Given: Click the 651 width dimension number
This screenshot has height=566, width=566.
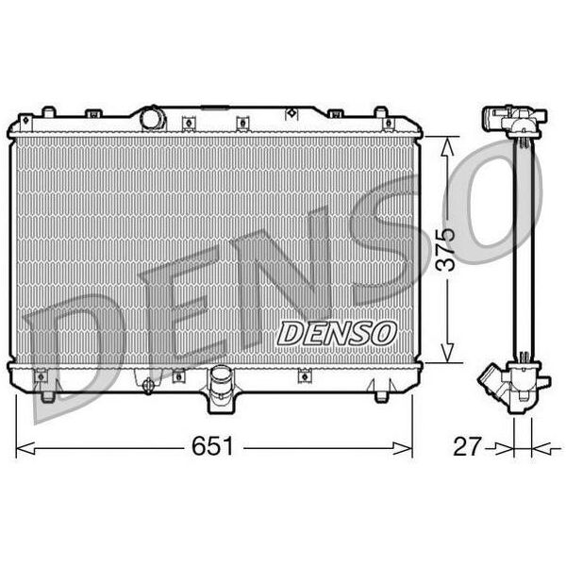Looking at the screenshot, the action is (212, 446).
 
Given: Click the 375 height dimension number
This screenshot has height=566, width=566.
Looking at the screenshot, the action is (445, 250).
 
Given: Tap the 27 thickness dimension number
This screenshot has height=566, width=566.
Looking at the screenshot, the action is (467, 446).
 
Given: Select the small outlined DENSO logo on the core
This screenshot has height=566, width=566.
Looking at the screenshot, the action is (337, 333).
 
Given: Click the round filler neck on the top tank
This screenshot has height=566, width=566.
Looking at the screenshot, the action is (153, 117).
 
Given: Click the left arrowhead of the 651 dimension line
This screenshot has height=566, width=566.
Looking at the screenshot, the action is (25, 448).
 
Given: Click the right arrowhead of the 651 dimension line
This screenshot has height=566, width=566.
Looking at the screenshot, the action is (402, 448).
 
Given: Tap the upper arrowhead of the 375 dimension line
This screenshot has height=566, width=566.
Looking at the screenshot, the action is (447, 146).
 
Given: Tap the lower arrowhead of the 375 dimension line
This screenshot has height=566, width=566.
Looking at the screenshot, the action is (447, 353).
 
